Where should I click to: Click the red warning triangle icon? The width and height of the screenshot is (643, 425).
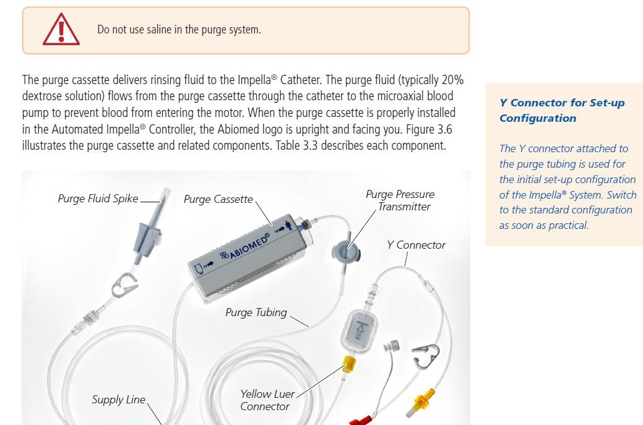click(x=61, y=30)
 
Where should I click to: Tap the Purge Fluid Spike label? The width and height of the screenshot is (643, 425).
click(x=98, y=199)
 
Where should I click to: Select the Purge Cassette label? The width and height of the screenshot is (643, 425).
click(x=218, y=199)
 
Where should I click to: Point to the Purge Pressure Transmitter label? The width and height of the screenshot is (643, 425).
click(x=400, y=200)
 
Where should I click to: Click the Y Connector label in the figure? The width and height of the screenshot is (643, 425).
click(x=416, y=245)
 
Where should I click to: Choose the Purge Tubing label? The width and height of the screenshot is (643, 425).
click(x=256, y=312)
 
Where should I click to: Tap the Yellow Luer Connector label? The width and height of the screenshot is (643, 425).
click(x=267, y=400)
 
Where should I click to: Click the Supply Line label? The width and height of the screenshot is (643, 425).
click(x=118, y=400)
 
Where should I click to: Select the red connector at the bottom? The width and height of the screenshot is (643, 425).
click(x=361, y=421)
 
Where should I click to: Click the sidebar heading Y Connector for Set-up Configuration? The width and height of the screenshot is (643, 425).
click(x=562, y=110)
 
